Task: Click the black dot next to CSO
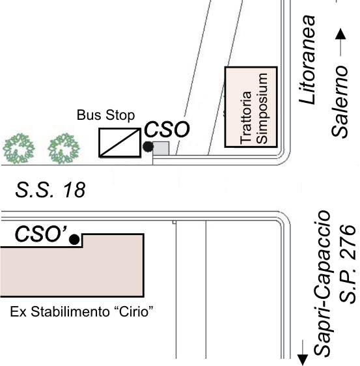[148, 147]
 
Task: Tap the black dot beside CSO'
[74, 240]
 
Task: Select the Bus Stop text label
[105, 115]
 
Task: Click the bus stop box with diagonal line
[120, 143]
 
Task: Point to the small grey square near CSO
[161, 148]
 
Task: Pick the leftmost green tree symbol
[18, 148]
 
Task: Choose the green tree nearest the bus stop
[64, 148]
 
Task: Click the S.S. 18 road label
[50, 190]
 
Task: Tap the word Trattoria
[245, 117]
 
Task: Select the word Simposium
[262, 108]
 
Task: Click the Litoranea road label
[307, 59]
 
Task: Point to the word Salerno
[339, 102]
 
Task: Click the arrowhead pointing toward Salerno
[340, 34]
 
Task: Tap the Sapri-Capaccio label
[322, 283]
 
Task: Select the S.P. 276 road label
[348, 264]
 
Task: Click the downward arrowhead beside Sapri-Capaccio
[303, 359]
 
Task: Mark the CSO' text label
[41, 234]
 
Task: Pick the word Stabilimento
[70, 311]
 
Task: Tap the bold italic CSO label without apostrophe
[167, 129]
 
